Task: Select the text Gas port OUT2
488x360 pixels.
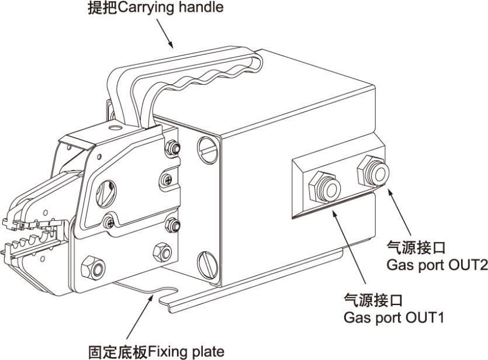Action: [x=437, y=265]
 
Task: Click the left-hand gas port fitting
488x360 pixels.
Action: [x=325, y=186]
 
